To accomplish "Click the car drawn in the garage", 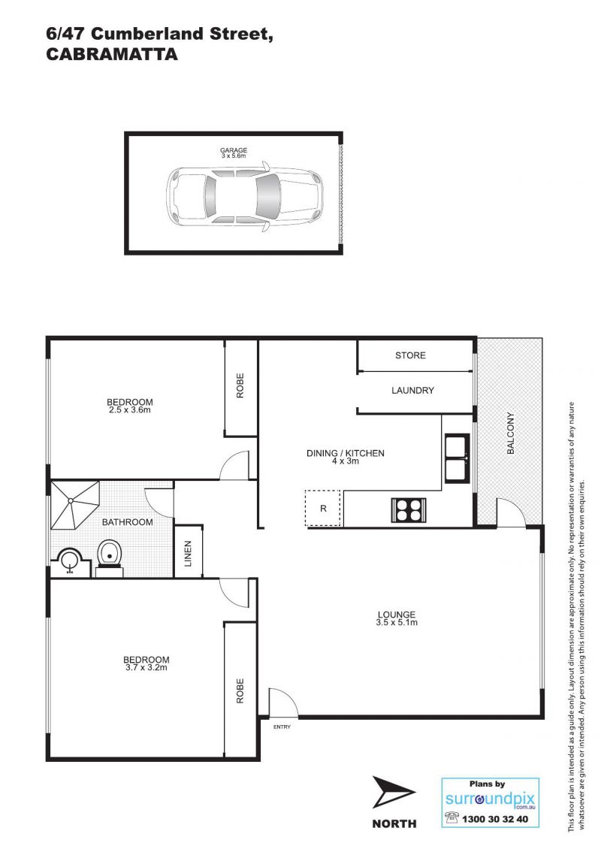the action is [x=245, y=196].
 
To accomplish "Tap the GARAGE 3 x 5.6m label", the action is [x=234, y=153].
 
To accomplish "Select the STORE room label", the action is [x=410, y=355].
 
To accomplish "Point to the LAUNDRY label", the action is [x=412, y=390].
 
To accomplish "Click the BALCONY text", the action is [x=510, y=434].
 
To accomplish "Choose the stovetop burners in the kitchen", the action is [x=408, y=509].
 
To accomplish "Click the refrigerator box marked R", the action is [x=323, y=508].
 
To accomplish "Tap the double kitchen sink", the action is [x=457, y=458].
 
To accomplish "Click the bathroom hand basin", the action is [x=69, y=561].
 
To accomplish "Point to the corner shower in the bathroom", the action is [x=74, y=505].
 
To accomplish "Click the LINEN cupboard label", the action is [x=188, y=554].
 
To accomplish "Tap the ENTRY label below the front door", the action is [x=282, y=727].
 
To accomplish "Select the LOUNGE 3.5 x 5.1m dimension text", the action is [x=397, y=618].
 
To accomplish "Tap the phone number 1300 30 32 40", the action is [x=495, y=819].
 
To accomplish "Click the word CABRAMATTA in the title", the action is [x=112, y=54].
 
